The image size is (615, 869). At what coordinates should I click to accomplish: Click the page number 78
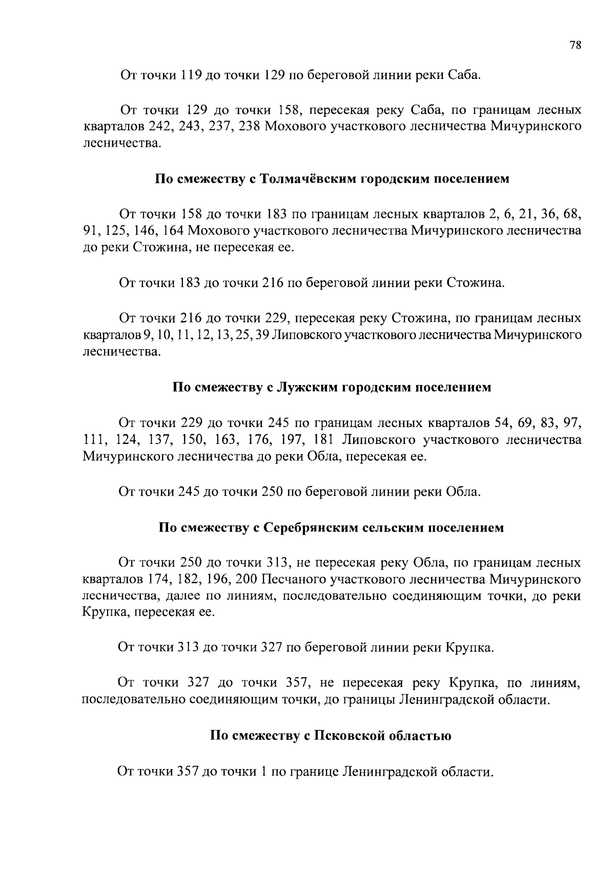575,45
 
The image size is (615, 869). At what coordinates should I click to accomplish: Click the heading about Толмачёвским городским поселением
333,179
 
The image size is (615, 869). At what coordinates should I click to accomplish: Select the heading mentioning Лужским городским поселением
332,387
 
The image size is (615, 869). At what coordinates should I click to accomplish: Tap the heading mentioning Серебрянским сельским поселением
332,528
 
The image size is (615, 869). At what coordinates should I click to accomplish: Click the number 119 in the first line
191,75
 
